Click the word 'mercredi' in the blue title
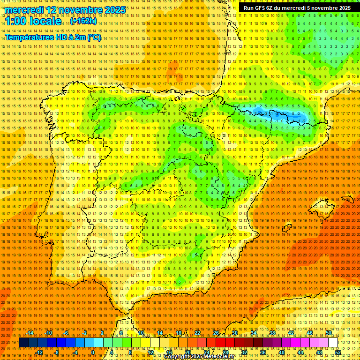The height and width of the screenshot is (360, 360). point(24,10)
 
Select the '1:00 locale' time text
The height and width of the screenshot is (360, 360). point(34,22)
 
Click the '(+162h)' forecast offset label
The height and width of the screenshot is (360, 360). point(83,21)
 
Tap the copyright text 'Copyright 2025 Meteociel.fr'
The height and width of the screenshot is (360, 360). point(200,357)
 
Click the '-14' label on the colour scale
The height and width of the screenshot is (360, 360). point(30,333)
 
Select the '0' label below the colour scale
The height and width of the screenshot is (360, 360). point(93,352)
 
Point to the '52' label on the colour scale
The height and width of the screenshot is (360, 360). point(338,352)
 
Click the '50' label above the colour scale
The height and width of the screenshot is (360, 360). point(329,333)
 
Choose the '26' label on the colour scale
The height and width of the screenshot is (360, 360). point(216,333)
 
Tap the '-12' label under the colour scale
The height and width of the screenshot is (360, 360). point(39,352)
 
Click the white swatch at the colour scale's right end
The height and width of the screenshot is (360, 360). point(333,343)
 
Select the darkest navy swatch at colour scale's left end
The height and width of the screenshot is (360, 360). point(23,343)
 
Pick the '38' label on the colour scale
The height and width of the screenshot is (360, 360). point(272,333)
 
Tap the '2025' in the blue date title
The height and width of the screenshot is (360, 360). point(114,10)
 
